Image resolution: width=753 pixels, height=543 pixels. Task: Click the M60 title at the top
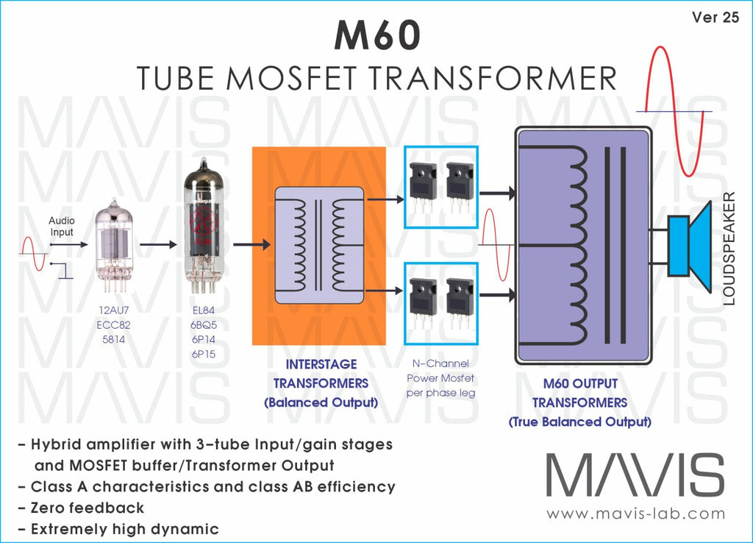click(377, 35)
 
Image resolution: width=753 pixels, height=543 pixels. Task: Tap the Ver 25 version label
click(715, 18)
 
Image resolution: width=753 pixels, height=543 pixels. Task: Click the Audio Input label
click(62, 227)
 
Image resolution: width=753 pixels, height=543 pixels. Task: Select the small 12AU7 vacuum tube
click(113, 245)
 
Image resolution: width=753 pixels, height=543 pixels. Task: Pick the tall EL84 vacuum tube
click(204, 226)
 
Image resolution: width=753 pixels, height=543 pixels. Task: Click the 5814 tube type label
click(113, 340)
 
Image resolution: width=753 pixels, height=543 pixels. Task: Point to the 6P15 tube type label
click(204, 354)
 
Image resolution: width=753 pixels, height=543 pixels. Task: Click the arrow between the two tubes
click(158, 244)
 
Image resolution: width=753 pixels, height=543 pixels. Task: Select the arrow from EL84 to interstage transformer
click(251, 244)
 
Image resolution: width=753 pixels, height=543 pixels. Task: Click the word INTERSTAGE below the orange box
click(321, 364)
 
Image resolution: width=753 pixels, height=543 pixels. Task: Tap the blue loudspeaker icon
click(689, 246)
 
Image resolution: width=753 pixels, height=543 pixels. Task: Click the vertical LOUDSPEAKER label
click(729, 249)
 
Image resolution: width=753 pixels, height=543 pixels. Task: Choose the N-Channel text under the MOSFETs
click(440, 363)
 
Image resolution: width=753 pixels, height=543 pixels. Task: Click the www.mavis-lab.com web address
click(636, 514)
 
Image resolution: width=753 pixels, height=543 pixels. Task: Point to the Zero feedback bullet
click(81, 508)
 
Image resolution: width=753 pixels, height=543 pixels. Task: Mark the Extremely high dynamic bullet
click(118, 529)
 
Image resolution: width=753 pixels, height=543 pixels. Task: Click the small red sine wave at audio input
click(33, 253)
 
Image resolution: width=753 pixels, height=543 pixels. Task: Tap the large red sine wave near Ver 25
click(675, 111)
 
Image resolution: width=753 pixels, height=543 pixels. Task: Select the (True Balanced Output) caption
click(580, 422)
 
